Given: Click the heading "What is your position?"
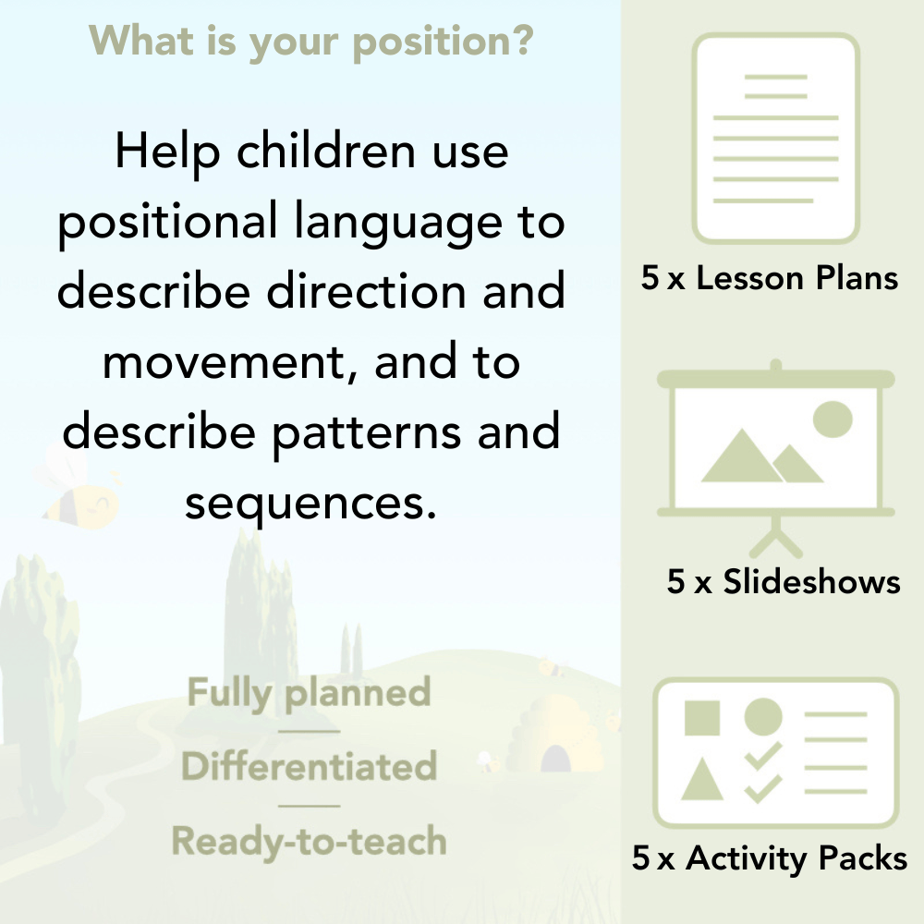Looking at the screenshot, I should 310,41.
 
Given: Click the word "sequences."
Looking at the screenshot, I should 310,504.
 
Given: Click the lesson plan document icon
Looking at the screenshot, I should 776,139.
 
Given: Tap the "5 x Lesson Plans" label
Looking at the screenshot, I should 770,278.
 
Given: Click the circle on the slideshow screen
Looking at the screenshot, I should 832,419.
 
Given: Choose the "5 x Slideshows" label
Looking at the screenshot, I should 784,581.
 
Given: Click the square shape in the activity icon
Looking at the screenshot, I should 702,717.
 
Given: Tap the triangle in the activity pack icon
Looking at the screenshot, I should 702,779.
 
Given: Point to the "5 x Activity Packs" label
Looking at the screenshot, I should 770,858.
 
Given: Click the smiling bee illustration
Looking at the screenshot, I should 79,494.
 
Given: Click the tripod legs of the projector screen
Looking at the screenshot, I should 776,536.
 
